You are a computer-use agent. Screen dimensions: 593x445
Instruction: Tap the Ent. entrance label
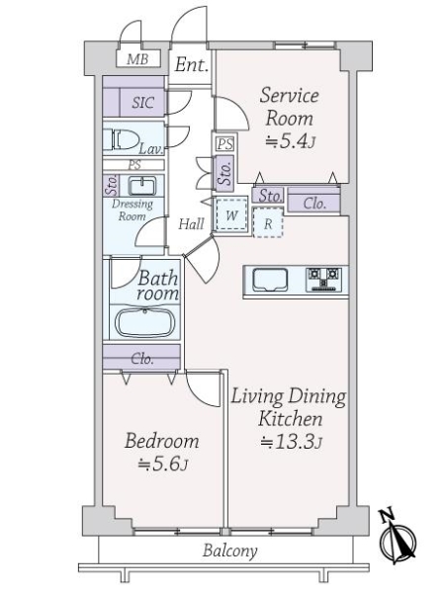[x=192, y=66]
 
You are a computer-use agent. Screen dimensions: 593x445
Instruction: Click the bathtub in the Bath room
[x=144, y=323]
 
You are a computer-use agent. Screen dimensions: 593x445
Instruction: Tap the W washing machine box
[x=230, y=214]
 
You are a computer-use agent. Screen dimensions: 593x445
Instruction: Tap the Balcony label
[x=230, y=551]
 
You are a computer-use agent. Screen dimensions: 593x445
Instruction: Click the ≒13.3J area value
[x=289, y=442]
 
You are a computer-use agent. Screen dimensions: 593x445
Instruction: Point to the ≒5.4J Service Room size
[x=289, y=141]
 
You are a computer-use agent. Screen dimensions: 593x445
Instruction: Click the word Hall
[x=191, y=224]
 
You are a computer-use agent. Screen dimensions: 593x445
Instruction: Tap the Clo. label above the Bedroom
[x=142, y=359]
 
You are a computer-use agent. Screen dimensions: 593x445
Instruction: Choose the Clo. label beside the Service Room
[x=314, y=204]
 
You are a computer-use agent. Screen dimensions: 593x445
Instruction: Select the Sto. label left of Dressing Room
[x=111, y=185]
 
